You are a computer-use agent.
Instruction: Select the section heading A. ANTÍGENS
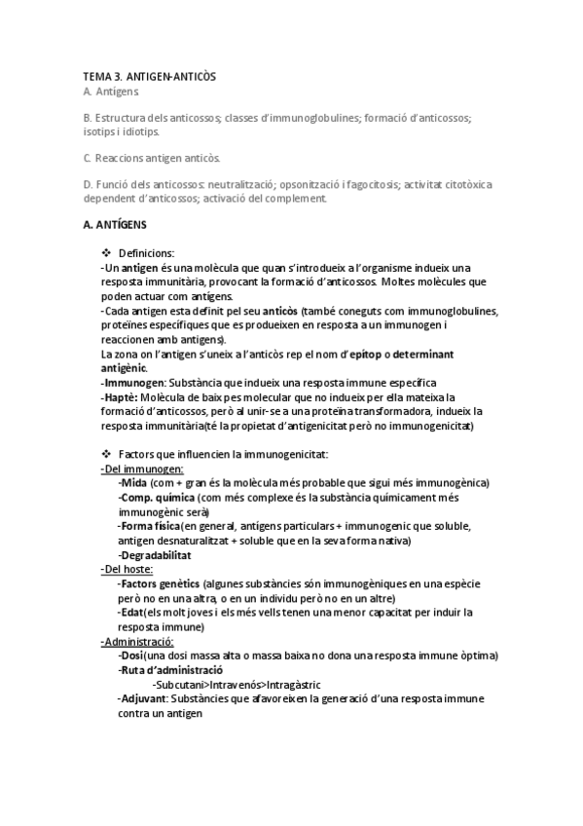(116, 225)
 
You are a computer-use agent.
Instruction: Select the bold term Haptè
(121, 397)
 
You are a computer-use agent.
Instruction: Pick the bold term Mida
(134, 483)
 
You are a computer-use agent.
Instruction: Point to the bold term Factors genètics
(153, 583)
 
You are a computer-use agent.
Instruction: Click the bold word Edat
(130, 612)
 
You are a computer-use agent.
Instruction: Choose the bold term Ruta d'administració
(171, 670)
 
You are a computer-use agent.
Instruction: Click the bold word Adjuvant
(142, 699)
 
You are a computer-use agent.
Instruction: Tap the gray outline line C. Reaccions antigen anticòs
(153, 157)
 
